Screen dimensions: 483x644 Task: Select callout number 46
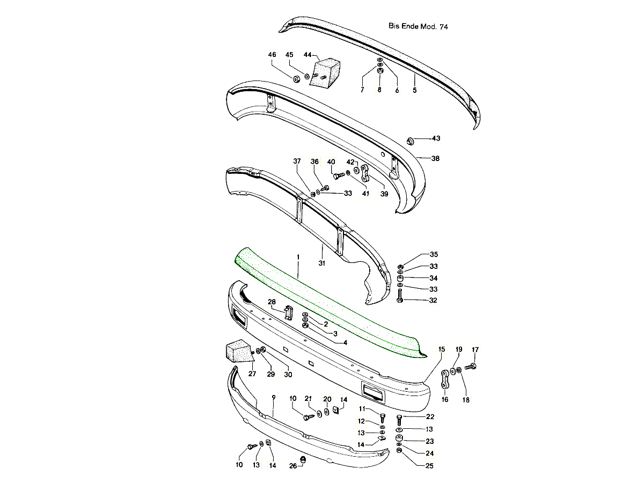tap(272, 55)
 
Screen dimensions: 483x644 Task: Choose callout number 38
tap(435, 159)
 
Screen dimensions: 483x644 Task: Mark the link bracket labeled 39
tap(366, 174)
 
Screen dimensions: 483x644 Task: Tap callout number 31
tap(322, 263)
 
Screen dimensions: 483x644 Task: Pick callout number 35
tap(433, 254)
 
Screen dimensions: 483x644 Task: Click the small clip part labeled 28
tap(288, 313)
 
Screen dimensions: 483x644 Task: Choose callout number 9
tap(273, 398)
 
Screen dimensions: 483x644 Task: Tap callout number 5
tap(414, 90)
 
